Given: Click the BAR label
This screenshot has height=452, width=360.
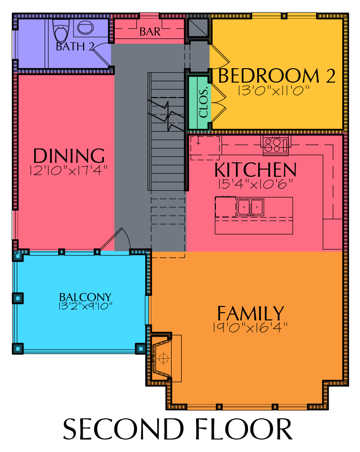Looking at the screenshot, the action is click(x=150, y=31).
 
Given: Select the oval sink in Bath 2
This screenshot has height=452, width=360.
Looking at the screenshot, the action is click(x=86, y=28).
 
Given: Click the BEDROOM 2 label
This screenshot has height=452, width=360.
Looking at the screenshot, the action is click(x=277, y=75).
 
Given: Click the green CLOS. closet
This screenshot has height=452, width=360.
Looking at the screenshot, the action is click(x=199, y=102).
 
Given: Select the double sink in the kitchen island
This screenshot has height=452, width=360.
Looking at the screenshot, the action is click(x=250, y=207).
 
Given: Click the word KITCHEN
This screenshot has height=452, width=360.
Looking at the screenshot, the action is click(x=256, y=170).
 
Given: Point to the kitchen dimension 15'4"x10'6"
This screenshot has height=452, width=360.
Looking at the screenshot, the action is click(x=255, y=184).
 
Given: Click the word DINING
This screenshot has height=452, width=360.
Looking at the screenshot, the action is click(x=69, y=156).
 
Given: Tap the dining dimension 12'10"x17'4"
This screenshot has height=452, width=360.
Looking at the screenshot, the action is click(x=69, y=170).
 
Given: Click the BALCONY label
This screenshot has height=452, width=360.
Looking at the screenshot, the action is click(x=86, y=297).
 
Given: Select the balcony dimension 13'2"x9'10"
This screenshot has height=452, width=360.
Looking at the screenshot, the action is click(x=86, y=305).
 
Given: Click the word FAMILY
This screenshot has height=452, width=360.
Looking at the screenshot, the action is click(x=251, y=313).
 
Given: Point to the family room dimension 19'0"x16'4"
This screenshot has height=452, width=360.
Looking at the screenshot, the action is click(x=250, y=328).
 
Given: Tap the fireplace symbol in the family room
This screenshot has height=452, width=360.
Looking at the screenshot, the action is click(x=163, y=358).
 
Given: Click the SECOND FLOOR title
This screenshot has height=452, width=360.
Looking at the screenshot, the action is click(x=178, y=429).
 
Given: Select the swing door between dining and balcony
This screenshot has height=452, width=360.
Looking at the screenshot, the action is click(x=115, y=239).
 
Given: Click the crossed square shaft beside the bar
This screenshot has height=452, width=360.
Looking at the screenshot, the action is click(x=198, y=28).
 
